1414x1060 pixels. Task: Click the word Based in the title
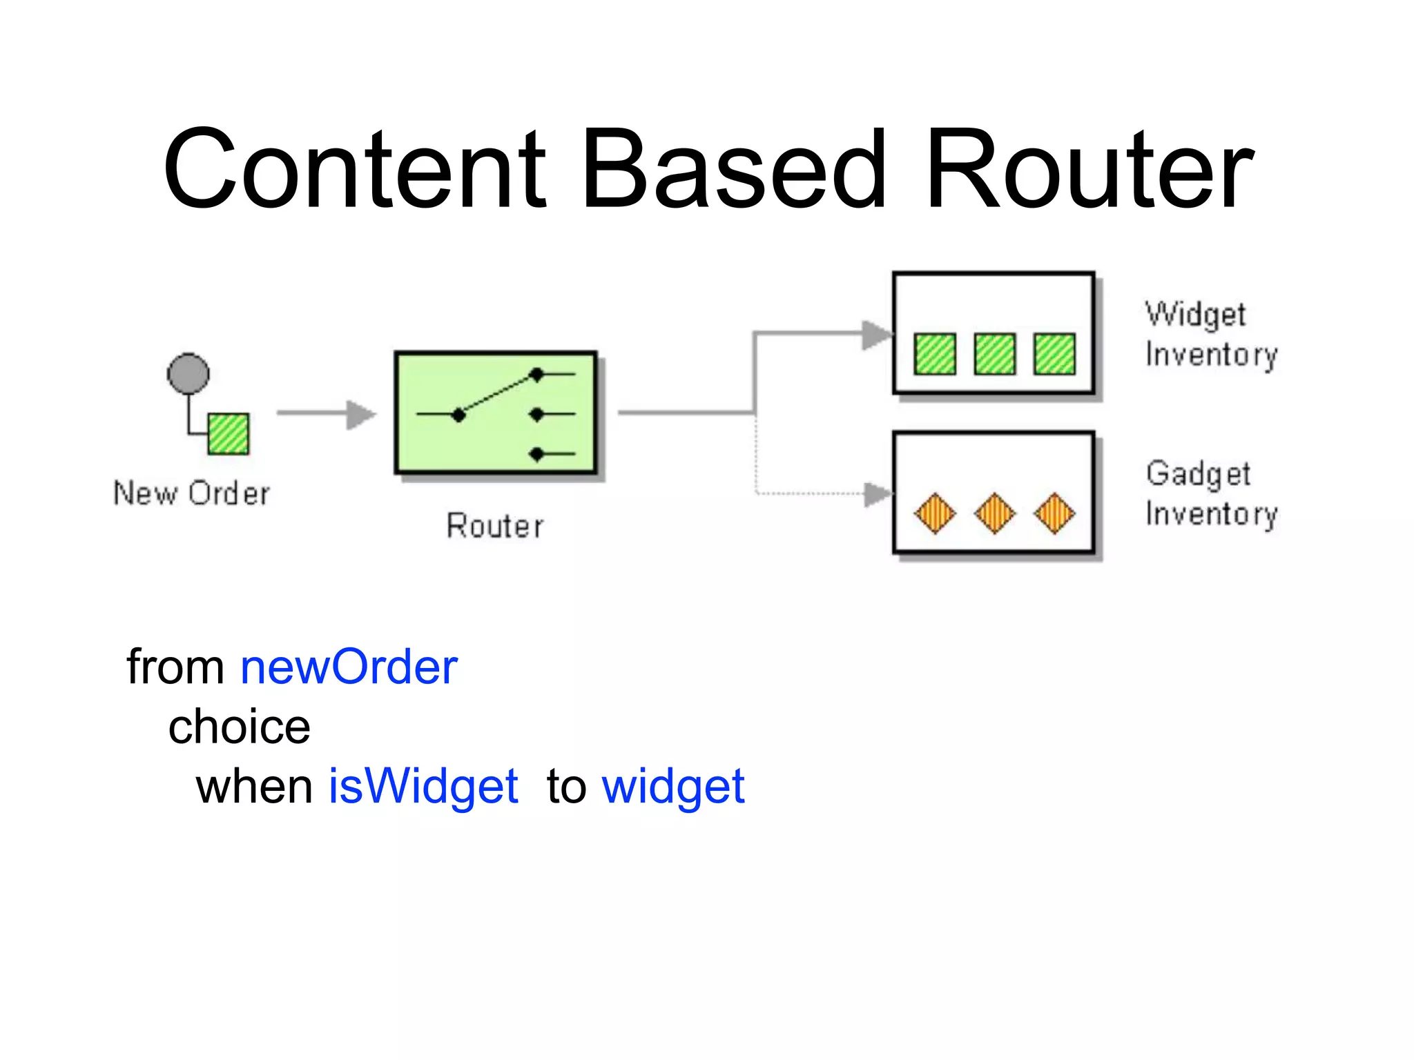coord(733,169)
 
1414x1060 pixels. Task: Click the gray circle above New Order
coord(188,373)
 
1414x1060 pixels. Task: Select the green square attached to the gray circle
coord(229,433)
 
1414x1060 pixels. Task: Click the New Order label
coord(192,493)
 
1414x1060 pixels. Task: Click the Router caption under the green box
coord(495,526)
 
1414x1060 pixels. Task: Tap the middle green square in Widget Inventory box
coord(994,354)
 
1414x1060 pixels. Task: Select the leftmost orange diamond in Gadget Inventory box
coord(935,513)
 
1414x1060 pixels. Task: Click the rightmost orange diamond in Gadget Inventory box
coord(1054,513)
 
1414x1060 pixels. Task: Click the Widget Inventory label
coord(1210,335)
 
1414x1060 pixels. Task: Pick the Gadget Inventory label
coord(1210,494)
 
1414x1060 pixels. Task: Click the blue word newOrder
coord(349,667)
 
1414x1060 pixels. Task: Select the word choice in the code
coord(240,727)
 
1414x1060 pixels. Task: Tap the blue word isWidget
coord(423,787)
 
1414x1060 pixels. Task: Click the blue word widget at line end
coord(673,787)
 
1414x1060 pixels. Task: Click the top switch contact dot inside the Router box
coord(536,375)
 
